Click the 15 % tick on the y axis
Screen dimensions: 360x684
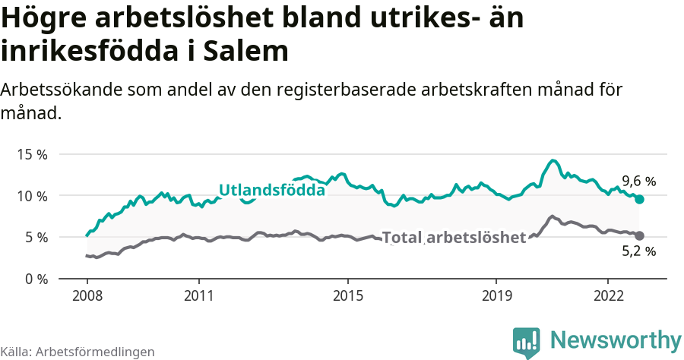(x=32, y=154)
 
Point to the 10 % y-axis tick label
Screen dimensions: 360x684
(x=32, y=196)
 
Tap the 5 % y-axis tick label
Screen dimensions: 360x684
(x=35, y=237)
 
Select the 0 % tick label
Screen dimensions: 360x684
(x=35, y=279)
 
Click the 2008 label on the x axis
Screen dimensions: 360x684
(x=87, y=295)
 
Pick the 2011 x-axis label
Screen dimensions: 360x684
(x=198, y=295)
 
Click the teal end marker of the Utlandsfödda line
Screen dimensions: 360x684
(x=639, y=199)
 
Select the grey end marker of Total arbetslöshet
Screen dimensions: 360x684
(x=639, y=236)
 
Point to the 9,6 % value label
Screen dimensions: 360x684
(x=638, y=182)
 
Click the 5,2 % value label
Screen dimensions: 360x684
(x=638, y=251)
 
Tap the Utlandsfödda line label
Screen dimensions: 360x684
(x=272, y=190)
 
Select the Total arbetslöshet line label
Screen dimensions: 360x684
(x=454, y=238)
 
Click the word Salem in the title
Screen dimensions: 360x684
(x=251, y=52)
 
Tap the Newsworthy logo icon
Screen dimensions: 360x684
(x=527, y=343)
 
